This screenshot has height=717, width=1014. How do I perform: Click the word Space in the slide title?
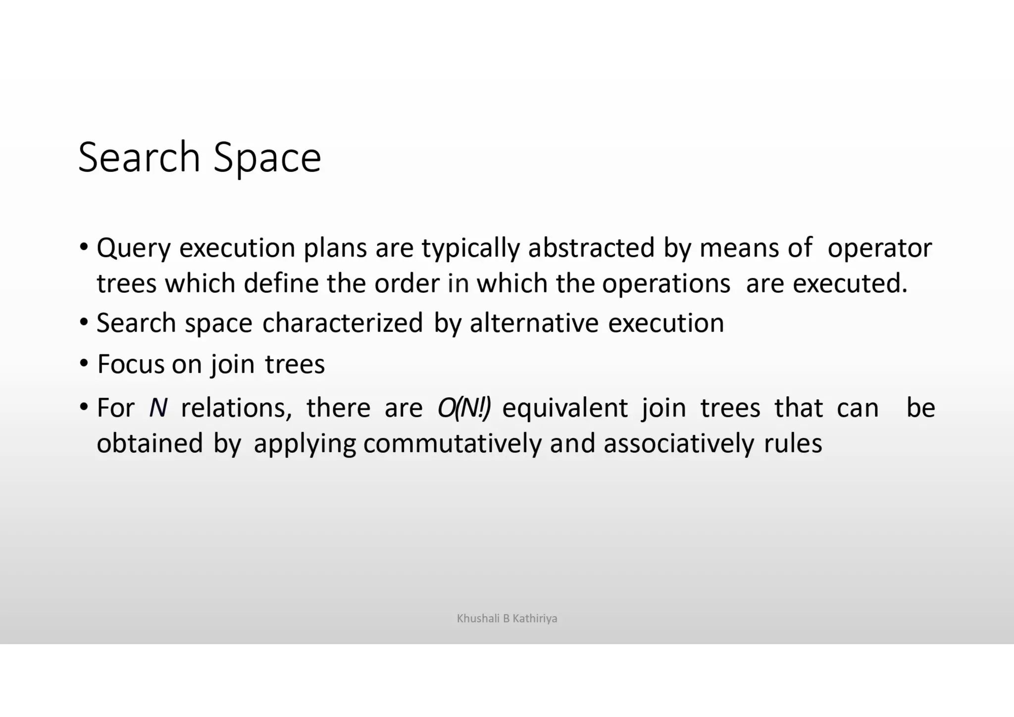point(267,158)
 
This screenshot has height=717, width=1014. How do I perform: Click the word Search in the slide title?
point(139,158)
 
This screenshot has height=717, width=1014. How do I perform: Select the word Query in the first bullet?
point(133,248)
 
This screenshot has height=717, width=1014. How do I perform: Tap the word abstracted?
point(591,248)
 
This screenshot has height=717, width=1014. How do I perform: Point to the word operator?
point(879,248)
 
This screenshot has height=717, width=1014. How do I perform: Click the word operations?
point(666,283)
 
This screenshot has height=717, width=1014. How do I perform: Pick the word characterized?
point(343,323)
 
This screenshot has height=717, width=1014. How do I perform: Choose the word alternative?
point(534,323)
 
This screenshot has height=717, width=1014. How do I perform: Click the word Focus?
point(130,364)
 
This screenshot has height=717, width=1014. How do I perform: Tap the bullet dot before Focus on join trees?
point(84,364)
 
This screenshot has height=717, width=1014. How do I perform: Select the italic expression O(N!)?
point(464,408)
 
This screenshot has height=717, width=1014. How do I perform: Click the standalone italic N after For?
point(158,408)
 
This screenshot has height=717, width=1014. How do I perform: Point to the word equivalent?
point(565,408)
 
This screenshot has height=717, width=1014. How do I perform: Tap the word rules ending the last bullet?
point(793,443)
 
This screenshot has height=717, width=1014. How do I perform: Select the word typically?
point(470,248)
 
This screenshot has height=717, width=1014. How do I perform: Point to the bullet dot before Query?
point(84,246)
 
